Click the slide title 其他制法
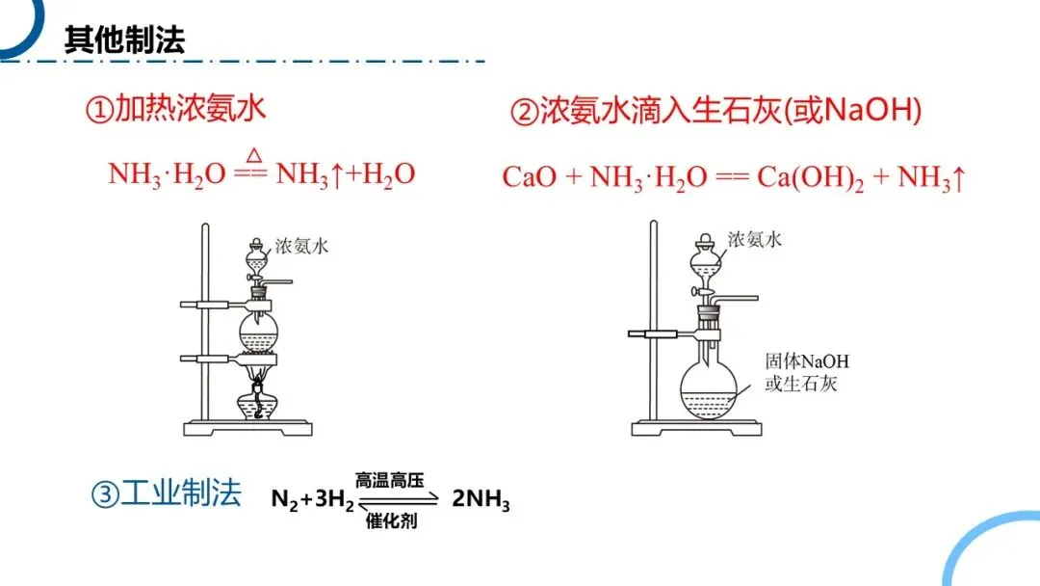pos(124,40)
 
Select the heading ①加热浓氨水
pos(175,109)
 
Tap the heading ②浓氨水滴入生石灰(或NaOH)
pos(715,112)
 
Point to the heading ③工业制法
pos(165,494)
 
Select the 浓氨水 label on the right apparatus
pos(754,239)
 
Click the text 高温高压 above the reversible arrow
pos(389,480)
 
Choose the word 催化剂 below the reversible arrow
pos(391,520)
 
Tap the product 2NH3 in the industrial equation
pos(481,501)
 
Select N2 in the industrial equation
pos(284,501)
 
